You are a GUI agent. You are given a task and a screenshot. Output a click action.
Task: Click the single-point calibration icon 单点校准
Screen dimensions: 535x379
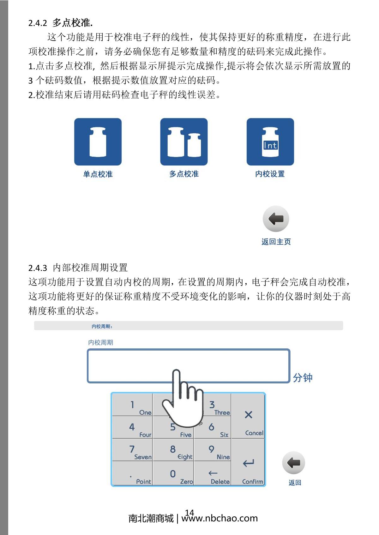coord(98,142)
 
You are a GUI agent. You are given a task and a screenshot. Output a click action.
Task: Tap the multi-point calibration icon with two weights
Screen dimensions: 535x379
coord(184,142)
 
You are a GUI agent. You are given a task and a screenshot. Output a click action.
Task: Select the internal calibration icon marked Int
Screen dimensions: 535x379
coord(270,142)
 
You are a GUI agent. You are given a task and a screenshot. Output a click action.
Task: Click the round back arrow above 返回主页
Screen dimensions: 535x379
coord(276,219)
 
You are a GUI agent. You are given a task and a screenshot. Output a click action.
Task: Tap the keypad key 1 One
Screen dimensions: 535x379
coord(133,405)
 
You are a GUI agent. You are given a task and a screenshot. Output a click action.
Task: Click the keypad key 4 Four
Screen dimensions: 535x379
coord(133,428)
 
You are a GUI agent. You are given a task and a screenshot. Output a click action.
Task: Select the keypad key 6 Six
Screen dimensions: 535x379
coord(213,428)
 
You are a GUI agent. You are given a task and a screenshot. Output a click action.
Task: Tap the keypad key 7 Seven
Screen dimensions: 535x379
coord(133,450)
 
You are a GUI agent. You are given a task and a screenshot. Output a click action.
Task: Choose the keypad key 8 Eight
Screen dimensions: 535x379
coord(173,450)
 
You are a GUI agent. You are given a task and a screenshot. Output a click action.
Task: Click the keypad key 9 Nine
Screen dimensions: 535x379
coord(213,450)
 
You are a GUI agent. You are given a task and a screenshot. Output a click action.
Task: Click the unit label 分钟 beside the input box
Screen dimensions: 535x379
coord(302,378)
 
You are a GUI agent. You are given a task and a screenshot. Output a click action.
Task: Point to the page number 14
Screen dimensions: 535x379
coord(189,512)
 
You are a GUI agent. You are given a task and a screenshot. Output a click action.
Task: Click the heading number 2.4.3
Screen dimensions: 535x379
coord(38,268)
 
